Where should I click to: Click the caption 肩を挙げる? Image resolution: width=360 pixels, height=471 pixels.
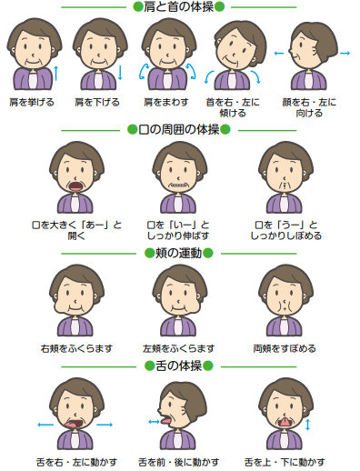tap(32, 102)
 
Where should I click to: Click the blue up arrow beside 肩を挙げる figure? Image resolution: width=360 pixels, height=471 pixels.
tap(56, 71)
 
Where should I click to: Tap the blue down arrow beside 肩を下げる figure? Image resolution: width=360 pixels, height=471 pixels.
tap(121, 71)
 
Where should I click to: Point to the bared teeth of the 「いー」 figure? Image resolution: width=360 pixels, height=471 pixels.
tap(179, 185)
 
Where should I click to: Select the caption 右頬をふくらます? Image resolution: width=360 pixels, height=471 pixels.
tap(76, 348)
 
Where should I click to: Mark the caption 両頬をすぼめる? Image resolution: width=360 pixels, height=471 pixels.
tap(285, 348)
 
